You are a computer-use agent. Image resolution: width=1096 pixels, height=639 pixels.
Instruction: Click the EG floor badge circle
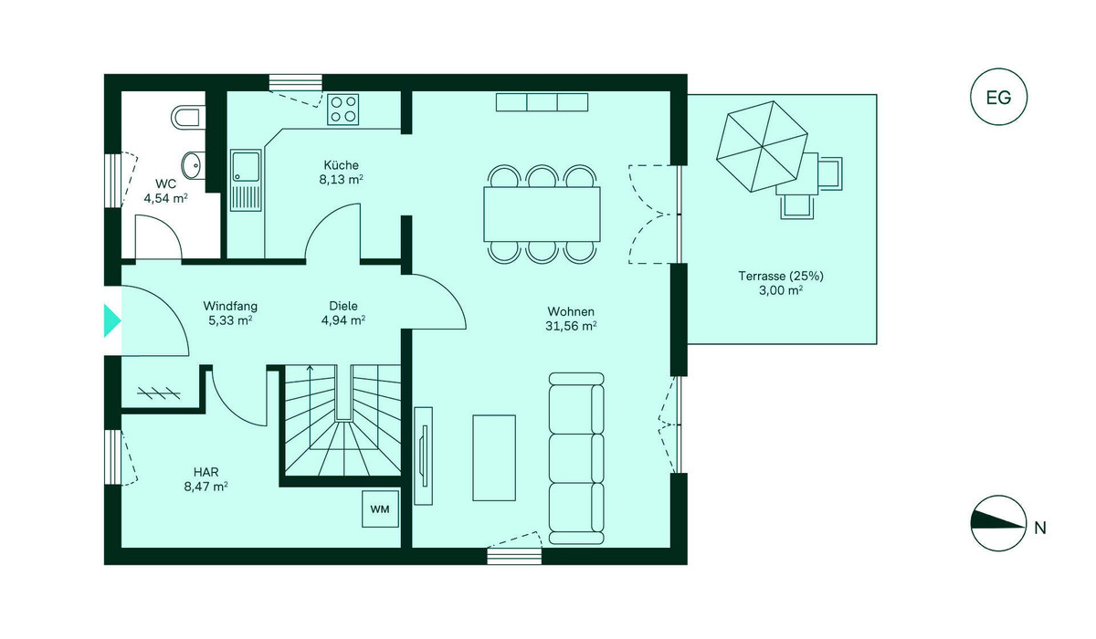(998, 97)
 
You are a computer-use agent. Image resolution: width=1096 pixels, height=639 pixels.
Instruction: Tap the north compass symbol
(998, 524)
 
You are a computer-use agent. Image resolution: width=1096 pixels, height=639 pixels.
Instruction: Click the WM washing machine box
(380, 509)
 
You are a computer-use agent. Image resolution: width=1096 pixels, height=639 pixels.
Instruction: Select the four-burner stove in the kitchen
(343, 110)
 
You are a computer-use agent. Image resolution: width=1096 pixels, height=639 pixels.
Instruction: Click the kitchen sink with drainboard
(246, 181)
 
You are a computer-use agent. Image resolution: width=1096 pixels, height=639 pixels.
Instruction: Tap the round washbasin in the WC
(194, 165)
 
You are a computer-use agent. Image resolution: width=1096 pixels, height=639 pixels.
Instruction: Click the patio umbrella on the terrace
(762, 147)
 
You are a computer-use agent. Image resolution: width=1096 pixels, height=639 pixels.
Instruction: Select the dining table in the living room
(543, 215)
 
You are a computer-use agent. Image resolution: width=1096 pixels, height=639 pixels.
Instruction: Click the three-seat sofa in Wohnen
(576, 458)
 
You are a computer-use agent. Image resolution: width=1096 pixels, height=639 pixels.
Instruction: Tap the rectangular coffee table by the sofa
(494, 457)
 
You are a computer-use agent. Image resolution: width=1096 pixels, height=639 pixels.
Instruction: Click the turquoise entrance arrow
(112, 320)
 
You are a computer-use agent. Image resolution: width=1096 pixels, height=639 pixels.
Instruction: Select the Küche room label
(341, 165)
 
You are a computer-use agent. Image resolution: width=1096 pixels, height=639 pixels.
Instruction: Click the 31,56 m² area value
(571, 326)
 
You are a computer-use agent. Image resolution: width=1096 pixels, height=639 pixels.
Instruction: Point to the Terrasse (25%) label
(781, 277)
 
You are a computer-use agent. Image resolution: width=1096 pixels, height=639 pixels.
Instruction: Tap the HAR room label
(206, 472)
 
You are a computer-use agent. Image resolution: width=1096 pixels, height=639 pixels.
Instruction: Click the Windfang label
(230, 307)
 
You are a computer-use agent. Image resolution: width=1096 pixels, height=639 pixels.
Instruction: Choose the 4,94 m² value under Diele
(343, 320)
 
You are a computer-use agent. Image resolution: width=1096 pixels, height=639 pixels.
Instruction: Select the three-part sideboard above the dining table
(543, 102)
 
